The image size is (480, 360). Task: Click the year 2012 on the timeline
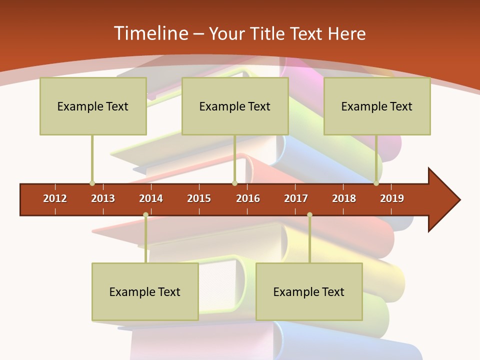pos(55,198)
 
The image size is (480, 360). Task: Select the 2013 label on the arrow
pos(103,198)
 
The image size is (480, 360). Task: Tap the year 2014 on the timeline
pos(151,198)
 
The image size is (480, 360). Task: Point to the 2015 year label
pos(199,198)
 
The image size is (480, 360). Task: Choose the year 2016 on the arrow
pos(248,198)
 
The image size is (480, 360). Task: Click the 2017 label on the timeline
pos(296,198)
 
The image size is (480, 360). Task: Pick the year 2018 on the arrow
pos(344,198)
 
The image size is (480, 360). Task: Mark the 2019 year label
pos(392,198)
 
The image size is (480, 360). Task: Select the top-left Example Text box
pos(93,106)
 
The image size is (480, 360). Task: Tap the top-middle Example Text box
pos(235,106)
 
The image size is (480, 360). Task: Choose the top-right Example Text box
pos(377,106)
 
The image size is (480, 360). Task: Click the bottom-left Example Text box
pos(145,292)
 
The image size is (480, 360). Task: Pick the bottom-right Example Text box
pos(309,292)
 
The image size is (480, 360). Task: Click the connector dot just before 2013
pos(92,183)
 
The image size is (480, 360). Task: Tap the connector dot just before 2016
pos(234,183)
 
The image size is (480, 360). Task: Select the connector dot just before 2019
pos(376,183)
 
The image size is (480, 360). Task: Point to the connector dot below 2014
pos(145,215)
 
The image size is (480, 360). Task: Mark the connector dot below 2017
pos(309,215)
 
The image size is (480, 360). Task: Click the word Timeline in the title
pos(149,33)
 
